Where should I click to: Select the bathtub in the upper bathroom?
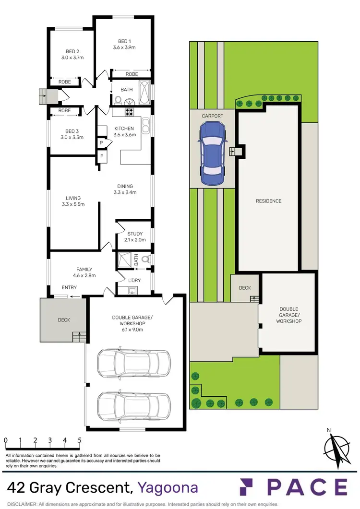coord(144,93)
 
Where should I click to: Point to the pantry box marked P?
coord(102,143)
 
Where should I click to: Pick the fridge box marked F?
coord(102,156)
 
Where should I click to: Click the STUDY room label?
coord(135,234)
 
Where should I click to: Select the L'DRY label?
coord(134,280)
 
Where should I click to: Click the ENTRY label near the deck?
coord(69,288)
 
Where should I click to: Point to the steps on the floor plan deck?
coord(78,337)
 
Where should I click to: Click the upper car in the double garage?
coord(133,362)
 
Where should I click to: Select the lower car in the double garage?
coord(133,405)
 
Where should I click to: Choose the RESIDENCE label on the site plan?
coord(268,201)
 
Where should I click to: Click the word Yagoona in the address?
coord(168,488)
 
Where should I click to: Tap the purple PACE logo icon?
coord(250,487)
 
